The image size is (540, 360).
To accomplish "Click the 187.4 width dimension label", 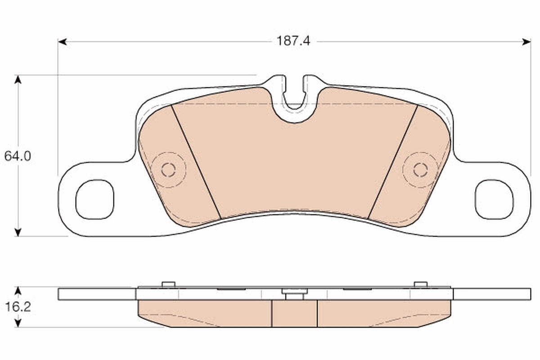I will pyautogui.click(x=293, y=41).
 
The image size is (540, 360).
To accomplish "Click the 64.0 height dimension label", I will pyautogui.click(x=17, y=156).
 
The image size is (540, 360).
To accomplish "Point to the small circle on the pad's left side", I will pyautogui.click(x=168, y=170).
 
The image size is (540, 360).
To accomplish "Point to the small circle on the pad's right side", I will pyautogui.click(x=420, y=170).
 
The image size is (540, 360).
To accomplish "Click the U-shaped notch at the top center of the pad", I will pyautogui.click(x=295, y=97).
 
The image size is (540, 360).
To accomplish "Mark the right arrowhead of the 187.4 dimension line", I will pyautogui.click(x=526, y=42).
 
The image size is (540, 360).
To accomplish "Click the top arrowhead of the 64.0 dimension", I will pyautogui.click(x=18, y=79).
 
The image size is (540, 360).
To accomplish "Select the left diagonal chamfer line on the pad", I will pyautogui.click(x=196, y=162).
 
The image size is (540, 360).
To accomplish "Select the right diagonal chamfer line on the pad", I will pyautogui.click(x=393, y=162).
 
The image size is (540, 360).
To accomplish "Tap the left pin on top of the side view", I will pyautogui.click(x=168, y=284).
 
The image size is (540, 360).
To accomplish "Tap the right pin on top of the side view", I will pyautogui.click(x=420, y=284).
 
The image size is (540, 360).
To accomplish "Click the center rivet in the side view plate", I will pyautogui.click(x=295, y=293).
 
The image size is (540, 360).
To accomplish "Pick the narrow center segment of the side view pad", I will pyautogui.click(x=295, y=313).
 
